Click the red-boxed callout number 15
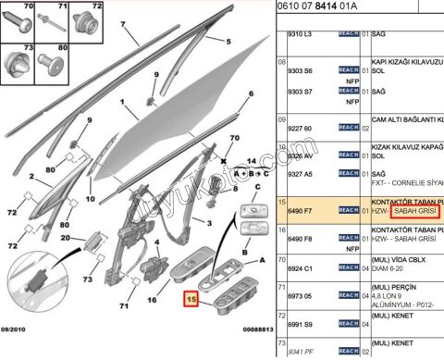(191, 299)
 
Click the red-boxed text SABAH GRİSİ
(415, 212)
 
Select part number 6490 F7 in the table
(296, 212)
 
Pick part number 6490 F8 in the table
(296, 239)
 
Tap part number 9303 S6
(296, 71)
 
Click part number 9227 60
(296, 128)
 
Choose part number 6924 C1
(296, 267)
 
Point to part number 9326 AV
(296, 155)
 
